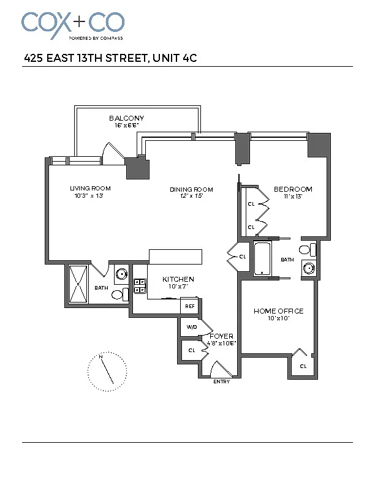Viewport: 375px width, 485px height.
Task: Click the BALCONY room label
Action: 127,118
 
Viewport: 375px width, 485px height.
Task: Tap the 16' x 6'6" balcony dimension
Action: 127,126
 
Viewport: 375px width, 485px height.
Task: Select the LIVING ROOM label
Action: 90,189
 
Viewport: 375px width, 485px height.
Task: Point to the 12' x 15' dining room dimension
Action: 191,196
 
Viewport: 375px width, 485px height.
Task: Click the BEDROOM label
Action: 293,189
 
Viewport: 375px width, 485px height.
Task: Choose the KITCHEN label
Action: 178,279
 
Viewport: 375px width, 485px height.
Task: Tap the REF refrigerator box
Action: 190,306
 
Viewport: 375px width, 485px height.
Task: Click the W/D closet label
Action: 192,327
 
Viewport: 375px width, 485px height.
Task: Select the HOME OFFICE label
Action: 278,311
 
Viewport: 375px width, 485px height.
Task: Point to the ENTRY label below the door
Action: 222,382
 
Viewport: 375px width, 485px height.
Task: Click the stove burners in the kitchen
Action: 140,286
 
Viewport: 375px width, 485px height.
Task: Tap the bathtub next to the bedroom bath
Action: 262,258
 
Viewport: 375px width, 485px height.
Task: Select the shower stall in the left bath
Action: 78,284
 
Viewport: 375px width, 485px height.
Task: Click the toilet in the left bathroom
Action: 119,295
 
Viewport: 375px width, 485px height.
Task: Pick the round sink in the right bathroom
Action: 309,268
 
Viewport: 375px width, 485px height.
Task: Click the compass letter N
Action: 101,356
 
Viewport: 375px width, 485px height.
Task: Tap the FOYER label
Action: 222,336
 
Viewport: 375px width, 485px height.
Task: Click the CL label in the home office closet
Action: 303,366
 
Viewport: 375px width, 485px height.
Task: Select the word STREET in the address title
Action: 126,58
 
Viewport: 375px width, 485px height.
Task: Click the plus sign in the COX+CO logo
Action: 80,21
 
